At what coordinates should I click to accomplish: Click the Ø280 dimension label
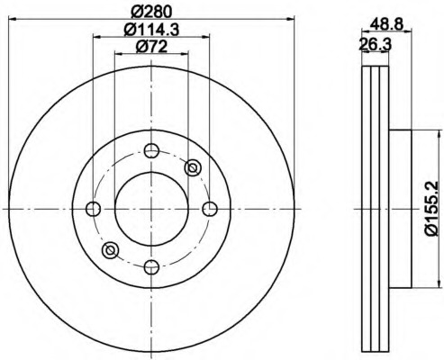(151, 12)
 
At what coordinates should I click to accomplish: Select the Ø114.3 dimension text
(151, 30)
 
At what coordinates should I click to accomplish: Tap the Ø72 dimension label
(151, 47)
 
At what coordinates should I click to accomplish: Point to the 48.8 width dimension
(386, 24)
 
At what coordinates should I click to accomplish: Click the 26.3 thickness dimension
(376, 45)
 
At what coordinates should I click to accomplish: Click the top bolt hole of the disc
(151, 150)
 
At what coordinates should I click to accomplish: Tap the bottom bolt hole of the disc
(151, 266)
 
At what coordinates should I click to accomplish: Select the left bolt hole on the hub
(93, 209)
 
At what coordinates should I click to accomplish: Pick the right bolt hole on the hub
(210, 209)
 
